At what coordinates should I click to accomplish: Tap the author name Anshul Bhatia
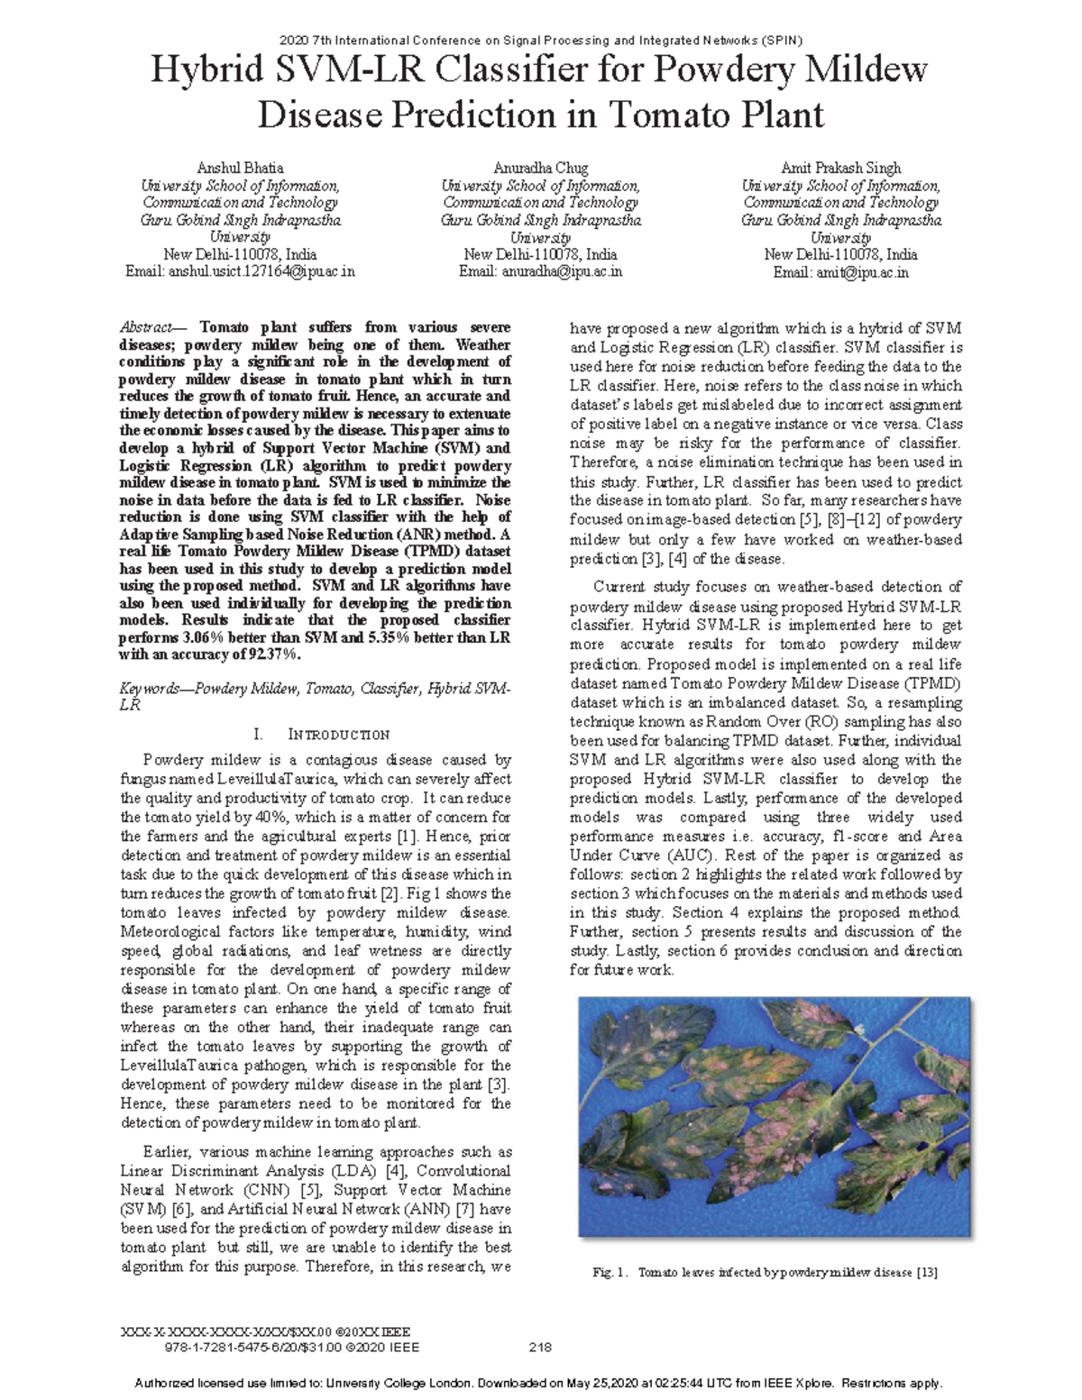[241, 168]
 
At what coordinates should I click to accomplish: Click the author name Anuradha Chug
[541, 168]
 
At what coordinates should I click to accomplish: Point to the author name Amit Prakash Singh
[841, 168]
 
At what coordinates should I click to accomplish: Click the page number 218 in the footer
[541, 1348]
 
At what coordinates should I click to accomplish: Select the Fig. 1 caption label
[609, 1272]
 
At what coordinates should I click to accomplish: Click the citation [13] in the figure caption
[927, 1272]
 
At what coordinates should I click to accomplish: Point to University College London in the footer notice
[412, 1383]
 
